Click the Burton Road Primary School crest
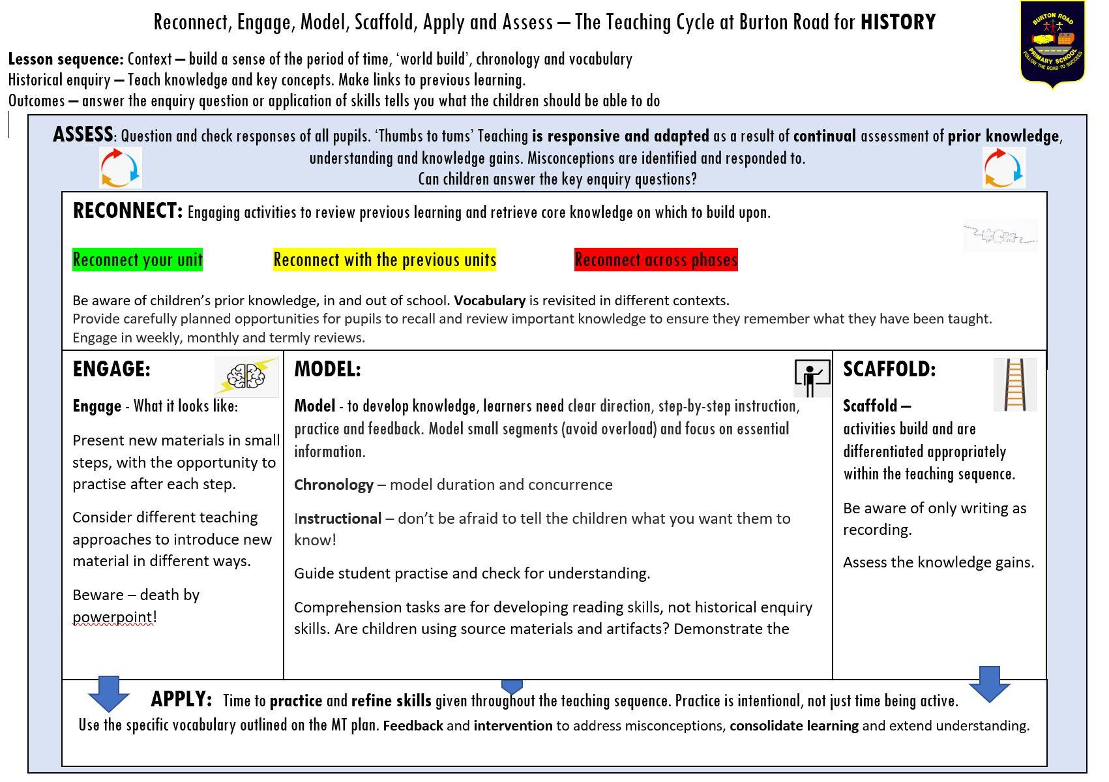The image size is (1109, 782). point(1052,44)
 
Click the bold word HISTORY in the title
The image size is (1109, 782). point(898,22)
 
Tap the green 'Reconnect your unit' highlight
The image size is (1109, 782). point(138,260)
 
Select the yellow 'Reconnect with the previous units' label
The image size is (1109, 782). point(385,260)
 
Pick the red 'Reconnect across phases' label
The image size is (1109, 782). point(656,260)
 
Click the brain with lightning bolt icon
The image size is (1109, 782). point(246,376)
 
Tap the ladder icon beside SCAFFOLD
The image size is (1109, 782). point(1014,385)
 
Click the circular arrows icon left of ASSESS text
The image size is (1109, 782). point(120,168)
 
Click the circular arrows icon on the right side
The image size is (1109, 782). point(1003,168)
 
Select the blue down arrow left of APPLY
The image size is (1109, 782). point(108,693)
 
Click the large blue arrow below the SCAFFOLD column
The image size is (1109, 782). point(989,684)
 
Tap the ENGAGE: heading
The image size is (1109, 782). point(111,369)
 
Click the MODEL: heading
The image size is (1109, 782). point(327,369)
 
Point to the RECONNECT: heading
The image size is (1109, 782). point(128,211)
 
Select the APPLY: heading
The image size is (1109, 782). point(181,699)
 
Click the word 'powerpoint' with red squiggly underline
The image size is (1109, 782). point(112,617)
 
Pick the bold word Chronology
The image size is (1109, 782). point(334,485)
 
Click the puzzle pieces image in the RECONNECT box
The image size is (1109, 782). point(999,237)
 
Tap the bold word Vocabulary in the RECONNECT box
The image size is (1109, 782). point(490,301)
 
